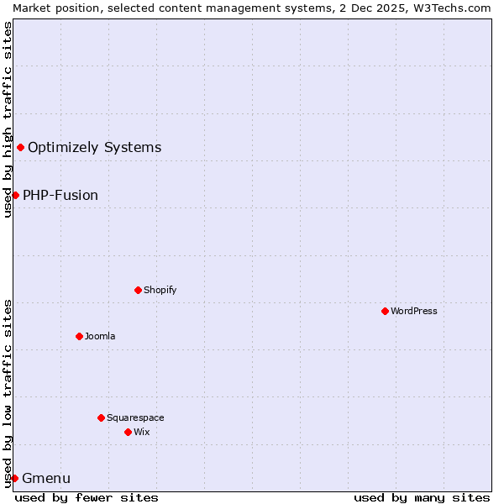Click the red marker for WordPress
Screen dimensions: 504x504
click(x=385, y=311)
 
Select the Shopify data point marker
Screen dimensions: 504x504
click(x=138, y=290)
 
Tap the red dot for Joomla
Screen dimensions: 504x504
click(x=79, y=336)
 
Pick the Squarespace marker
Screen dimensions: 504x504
click(x=101, y=417)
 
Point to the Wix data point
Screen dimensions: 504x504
click(x=128, y=432)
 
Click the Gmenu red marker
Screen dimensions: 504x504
click(x=14, y=478)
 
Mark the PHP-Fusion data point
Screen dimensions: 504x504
click(x=15, y=195)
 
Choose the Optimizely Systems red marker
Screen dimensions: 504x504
click(x=20, y=148)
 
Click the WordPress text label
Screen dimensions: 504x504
click(x=414, y=311)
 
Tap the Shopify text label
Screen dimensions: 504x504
click(x=160, y=290)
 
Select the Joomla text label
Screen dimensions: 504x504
click(x=100, y=336)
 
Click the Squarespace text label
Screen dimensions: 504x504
click(x=135, y=417)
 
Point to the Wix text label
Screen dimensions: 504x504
click(x=141, y=432)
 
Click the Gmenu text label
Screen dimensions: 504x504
click(x=46, y=479)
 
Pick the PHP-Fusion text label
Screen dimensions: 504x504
click(x=60, y=195)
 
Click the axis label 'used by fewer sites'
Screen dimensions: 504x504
click(x=87, y=497)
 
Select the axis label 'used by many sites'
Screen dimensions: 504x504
click(x=422, y=497)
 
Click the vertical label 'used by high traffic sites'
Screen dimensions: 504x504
click(x=8, y=119)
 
